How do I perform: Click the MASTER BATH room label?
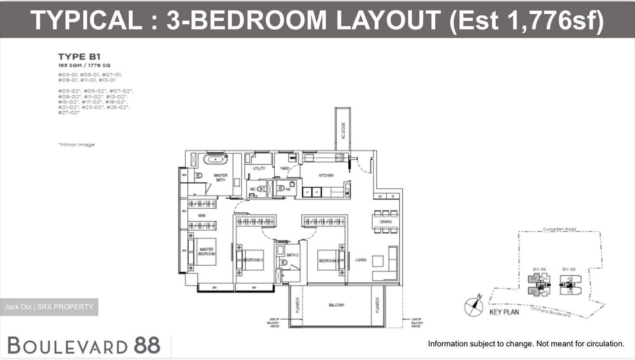[x=220, y=178]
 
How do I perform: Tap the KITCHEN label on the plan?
[x=326, y=175]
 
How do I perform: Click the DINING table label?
[x=385, y=222]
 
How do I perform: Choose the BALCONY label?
[x=336, y=305]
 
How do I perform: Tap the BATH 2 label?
[x=293, y=255]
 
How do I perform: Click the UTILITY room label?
[x=259, y=169]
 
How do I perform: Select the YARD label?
[x=285, y=168]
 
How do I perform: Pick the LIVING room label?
[x=361, y=260]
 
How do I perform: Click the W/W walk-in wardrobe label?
[x=202, y=216]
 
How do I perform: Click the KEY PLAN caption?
[x=504, y=312]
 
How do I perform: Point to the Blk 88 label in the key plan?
[x=569, y=269]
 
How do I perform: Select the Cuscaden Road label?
[x=559, y=230]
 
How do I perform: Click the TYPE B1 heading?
[x=79, y=56]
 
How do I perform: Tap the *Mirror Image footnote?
[x=76, y=145]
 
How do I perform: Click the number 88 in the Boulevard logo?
[x=147, y=345]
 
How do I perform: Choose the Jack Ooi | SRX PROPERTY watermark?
[x=49, y=307]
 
